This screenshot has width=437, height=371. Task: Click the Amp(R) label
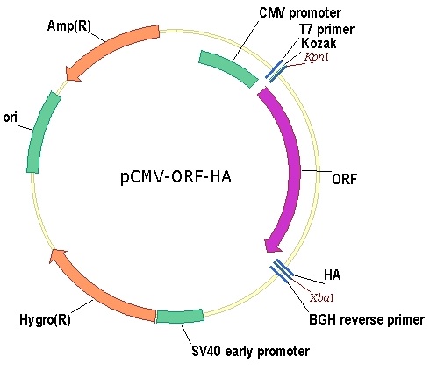tap(69, 26)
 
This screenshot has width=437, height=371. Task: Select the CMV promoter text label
tap(300, 13)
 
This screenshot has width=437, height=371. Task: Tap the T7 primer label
tap(326, 29)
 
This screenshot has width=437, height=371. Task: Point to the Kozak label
tap(319, 43)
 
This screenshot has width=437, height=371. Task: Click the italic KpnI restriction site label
tap(317, 57)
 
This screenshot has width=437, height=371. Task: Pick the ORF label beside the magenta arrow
tap(345, 179)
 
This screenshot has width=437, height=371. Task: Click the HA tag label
tap(332, 275)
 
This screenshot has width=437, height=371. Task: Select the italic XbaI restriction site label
tap(322, 298)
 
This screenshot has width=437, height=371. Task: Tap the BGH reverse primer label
tap(367, 320)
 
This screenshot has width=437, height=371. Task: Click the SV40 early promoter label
tap(250, 351)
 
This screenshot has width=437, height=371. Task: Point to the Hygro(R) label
tap(45, 320)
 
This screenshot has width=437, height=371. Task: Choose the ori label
tap(11, 118)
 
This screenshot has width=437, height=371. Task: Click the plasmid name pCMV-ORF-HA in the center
tap(176, 177)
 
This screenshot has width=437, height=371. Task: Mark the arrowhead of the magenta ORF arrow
tap(272, 246)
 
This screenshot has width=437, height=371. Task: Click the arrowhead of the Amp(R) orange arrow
tap(73, 74)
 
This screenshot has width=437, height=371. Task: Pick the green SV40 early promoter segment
tap(180, 317)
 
